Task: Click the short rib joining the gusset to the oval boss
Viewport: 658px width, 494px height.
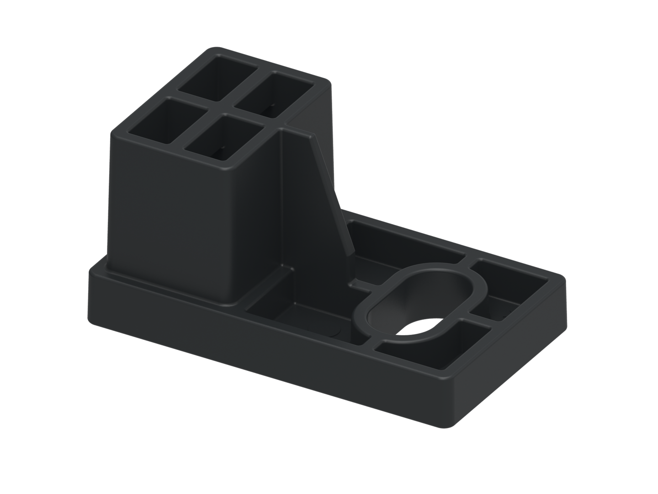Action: [x=366, y=286]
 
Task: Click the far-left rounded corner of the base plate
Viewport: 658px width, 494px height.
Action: [x=91, y=272]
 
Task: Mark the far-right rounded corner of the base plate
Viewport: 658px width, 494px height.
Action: [x=562, y=277]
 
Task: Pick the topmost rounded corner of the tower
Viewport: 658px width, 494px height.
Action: [x=215, y=49]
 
